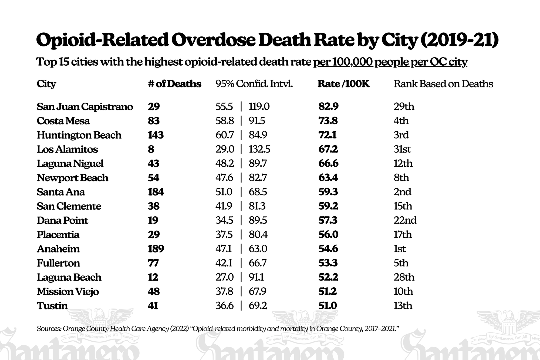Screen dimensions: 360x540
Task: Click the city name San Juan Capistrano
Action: coord(85,107)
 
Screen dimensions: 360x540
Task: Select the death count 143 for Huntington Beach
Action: coord(156,135)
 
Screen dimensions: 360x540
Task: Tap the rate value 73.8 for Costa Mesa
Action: coord(328,121)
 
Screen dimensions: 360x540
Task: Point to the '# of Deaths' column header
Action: coord(174,84)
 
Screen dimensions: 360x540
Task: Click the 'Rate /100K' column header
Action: coord(343,84)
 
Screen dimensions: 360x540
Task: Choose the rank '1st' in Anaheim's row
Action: coord(400,249)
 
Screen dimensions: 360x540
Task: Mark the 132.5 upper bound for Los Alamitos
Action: coord(259,149)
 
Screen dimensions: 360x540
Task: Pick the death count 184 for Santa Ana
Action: coord(156,192)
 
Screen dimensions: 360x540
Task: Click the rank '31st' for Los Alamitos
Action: coord(402,149)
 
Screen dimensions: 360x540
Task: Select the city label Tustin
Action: coord(52,306)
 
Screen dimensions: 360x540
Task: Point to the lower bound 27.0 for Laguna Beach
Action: coord(224,277)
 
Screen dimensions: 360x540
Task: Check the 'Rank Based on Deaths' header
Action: coord(443,84)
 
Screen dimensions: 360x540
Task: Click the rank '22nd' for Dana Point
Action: coord(405,220)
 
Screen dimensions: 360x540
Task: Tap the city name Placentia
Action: coord(58,235)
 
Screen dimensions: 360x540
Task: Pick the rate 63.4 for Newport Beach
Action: coord(328,178)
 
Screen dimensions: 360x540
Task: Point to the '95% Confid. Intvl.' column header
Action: coord(254,84)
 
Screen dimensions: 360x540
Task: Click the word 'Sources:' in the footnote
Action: coord(49,329)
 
